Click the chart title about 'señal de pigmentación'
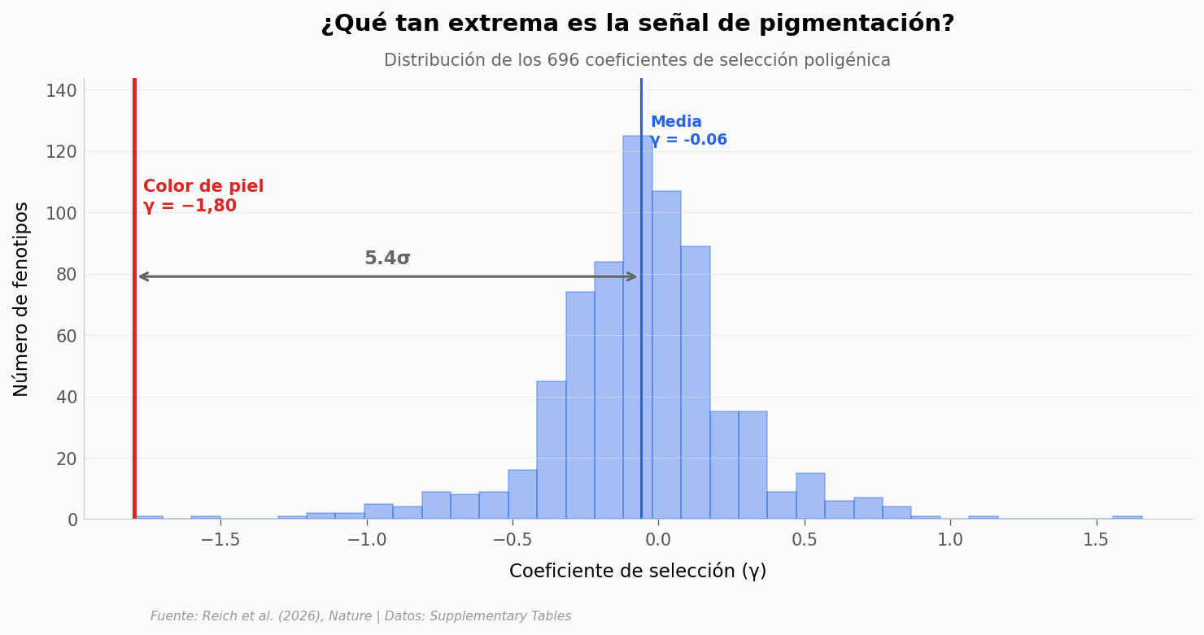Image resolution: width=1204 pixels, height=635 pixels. (637, 24)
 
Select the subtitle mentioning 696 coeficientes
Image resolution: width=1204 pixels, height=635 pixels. (637, 60)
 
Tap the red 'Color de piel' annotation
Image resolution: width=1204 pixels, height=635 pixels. (203, 196)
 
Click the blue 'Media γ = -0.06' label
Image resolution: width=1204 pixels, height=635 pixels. (687, 131)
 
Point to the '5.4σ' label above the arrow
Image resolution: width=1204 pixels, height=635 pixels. (387, 259)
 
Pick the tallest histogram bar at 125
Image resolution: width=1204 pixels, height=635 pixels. (637, 325)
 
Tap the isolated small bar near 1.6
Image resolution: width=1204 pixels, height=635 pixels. (1127, 517)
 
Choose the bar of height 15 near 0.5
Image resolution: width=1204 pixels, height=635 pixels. (810, 496)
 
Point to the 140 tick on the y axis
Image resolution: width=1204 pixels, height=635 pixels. (61, 90)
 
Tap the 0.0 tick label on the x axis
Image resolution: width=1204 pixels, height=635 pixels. (657, 540)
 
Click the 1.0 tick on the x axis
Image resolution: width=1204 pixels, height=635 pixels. (950, 540)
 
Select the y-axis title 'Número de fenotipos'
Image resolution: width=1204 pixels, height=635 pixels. (22, 298)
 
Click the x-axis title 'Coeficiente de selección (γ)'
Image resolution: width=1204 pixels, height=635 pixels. (637, 572)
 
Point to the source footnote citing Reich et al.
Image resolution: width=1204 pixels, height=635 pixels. (360, 616)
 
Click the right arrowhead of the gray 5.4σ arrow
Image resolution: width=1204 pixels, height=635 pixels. (632, 276)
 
